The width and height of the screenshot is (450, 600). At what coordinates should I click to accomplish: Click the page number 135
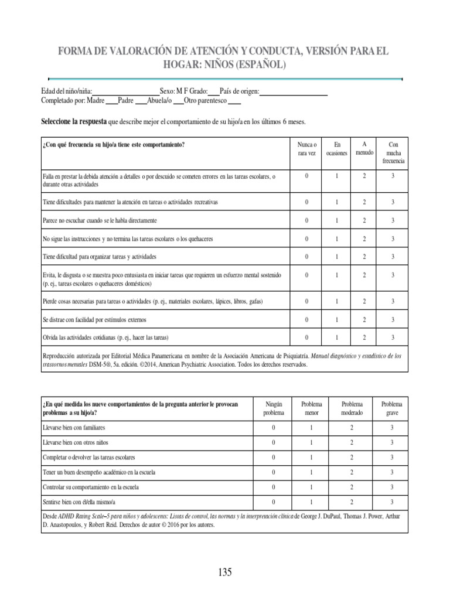click(225, 572)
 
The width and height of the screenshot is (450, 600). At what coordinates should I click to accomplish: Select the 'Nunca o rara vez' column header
click(306, 149)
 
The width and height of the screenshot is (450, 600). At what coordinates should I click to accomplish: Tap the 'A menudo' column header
click(364, 148)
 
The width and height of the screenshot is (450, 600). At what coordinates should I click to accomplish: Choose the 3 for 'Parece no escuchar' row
click(393, 221)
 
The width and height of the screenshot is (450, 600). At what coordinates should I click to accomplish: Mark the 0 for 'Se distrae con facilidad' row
click(306, 320)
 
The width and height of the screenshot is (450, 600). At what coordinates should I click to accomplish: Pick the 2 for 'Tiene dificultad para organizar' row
click(364, 257)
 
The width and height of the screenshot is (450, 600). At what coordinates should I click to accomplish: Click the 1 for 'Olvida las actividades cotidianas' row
click(337, 337)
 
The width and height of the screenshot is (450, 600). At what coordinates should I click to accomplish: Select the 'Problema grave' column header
click(392, 408)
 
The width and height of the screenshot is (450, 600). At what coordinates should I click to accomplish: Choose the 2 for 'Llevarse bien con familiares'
click(351, 427)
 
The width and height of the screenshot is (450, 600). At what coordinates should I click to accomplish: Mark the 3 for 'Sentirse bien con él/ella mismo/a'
click(392, 502)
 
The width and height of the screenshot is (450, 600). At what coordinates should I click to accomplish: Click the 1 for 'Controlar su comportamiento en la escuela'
click(311, 487)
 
